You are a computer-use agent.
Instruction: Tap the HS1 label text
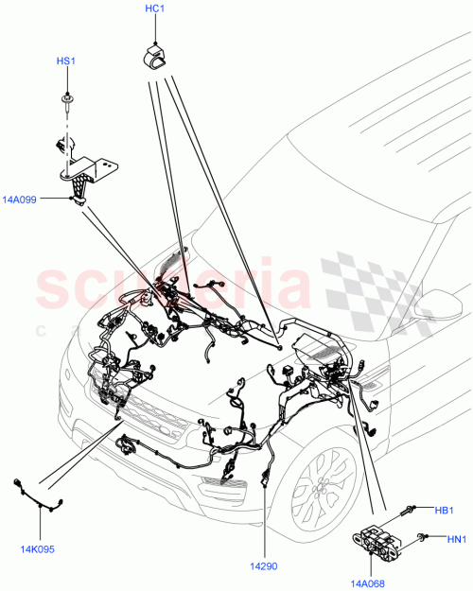pos(65,61)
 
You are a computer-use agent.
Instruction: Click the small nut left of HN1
pos(422,537)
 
